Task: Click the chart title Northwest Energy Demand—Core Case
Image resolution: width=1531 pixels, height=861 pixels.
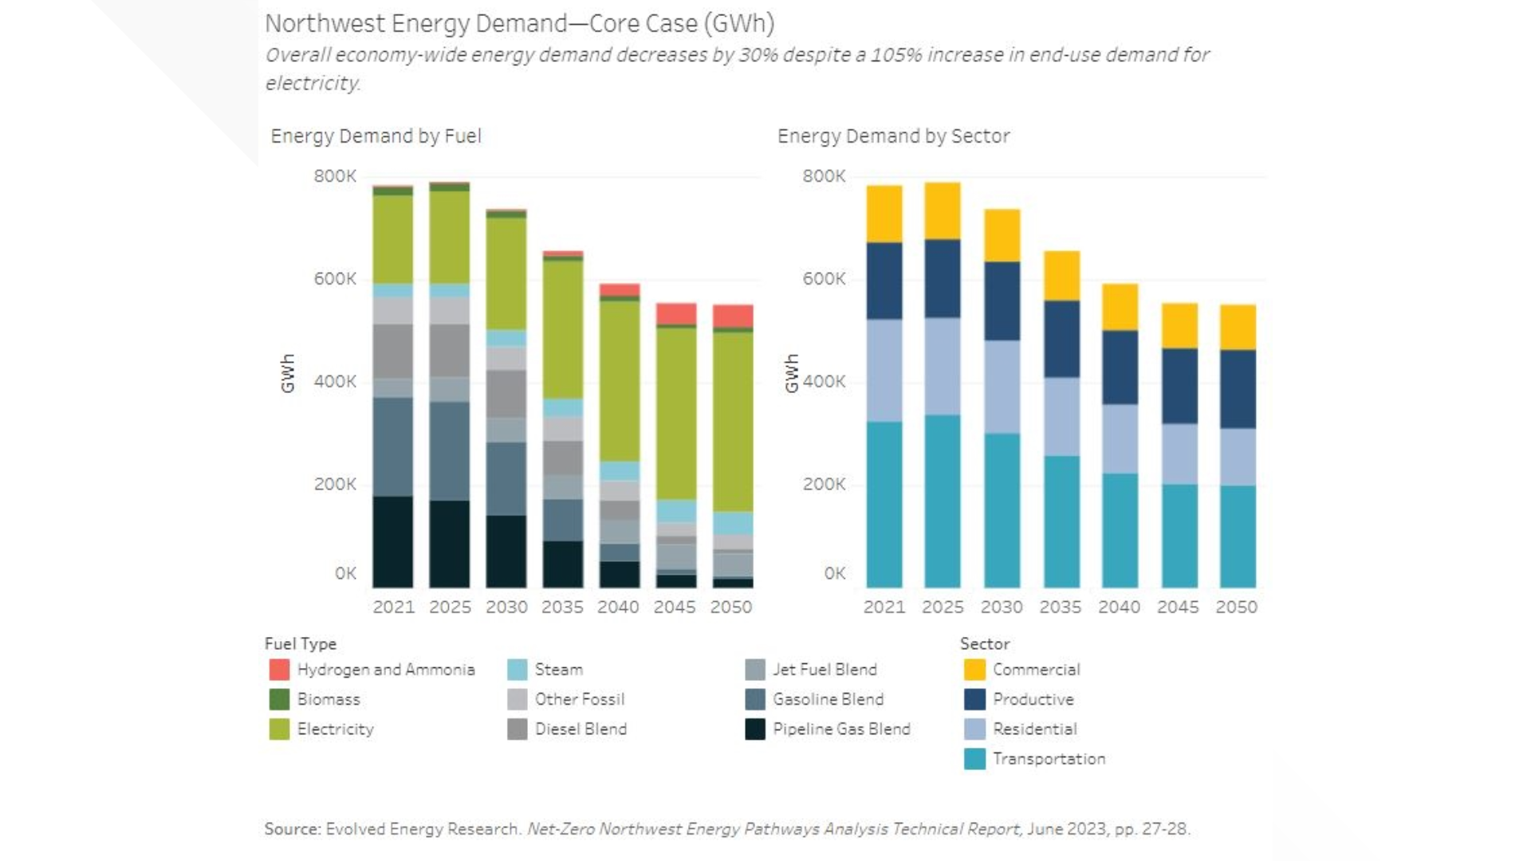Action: pos(519,24)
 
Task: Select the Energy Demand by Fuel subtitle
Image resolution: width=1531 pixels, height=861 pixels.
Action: pos(376,136)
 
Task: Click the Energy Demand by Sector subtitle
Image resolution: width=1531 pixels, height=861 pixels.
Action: pos(893,136)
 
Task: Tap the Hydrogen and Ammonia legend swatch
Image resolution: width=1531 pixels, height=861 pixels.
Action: pos(279,670)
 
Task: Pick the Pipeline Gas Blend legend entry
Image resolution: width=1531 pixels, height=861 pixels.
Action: pos(840,729)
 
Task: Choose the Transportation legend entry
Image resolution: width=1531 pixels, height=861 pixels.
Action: pos(1049,759)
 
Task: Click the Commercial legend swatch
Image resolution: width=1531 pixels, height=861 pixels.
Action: pos(974,670)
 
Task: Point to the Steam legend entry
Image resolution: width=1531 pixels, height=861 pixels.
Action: pos(558,670)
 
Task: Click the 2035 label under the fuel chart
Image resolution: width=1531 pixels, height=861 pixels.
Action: pos(562,607)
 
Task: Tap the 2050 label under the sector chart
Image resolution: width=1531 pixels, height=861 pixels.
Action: pos(1236,607)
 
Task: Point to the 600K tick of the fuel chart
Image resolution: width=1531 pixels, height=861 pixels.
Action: pos(335,279)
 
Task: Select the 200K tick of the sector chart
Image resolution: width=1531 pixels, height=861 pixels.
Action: pos(824,485)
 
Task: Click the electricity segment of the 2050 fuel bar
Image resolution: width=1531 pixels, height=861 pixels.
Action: pos(733,421)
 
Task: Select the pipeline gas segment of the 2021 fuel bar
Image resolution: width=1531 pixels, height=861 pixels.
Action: pos(393,542)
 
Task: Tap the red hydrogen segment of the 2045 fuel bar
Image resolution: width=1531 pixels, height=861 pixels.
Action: pos(676,313)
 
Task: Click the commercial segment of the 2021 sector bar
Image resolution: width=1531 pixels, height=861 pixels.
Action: pos(884,214)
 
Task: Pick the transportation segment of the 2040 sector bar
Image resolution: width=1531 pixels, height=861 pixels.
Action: pos(1120,530)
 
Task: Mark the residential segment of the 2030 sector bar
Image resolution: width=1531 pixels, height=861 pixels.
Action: pos(1002,387)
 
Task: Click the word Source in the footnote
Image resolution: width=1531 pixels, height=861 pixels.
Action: pos(292,829)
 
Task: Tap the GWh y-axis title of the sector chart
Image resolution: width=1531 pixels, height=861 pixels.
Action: pos(791,373)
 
